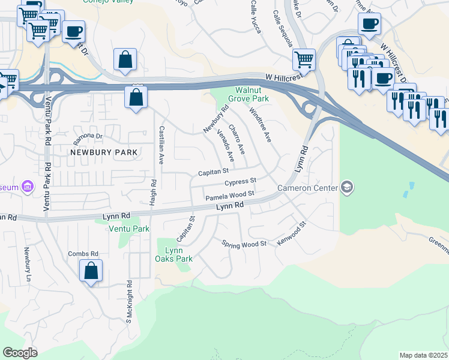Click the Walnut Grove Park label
click(x=247, y=94)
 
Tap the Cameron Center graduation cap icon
click(x=347, y=188)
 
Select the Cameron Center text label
click(x=307, y=188)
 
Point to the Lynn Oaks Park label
click(x=179, y=254)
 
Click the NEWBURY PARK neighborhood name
click(x=104, y=152)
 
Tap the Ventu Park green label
click(x=128, y=229)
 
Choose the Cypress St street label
click(x=241, y=181)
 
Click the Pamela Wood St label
click(x=230, y=196)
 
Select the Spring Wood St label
click(x=244, y=244)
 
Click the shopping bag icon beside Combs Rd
click(x=91, y=271)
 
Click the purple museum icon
click(x=28, y=187)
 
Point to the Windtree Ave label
click(x=261, y=125)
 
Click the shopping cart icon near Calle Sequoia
click(x=304, y=60)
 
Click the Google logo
click(x=20, y=353)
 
